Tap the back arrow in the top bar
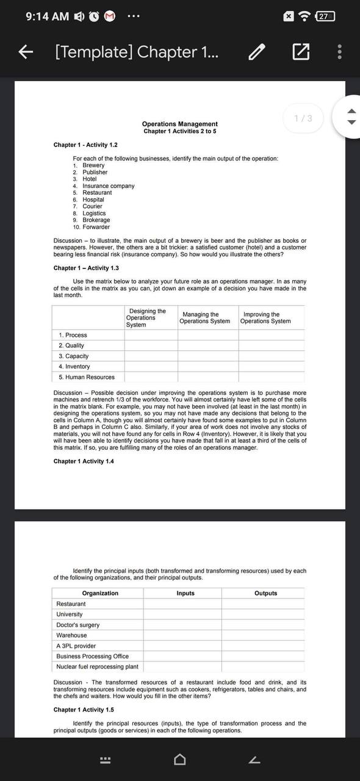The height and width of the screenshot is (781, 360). click(x=25, y=52)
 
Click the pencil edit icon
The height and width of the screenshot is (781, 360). click(x=257, y=52)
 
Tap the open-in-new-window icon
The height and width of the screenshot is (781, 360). click(x=300, y=52)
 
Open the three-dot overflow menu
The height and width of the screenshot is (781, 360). click(x=339, y=52)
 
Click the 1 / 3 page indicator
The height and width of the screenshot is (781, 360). click(x=303, y=118)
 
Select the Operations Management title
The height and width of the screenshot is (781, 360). click(x=179, y=124)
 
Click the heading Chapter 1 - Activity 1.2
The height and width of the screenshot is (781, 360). click(x=85, y=145)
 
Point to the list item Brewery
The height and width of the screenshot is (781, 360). click(x=93, y=165)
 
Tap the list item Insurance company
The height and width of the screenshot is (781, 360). click(x=108, y=185)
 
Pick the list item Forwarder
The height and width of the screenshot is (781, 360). click(x=96, y=227)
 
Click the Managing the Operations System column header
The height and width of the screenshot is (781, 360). click(x=204, y=318)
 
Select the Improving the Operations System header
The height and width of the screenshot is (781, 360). click(x=265, y=318)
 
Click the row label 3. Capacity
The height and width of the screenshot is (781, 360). click(x=74, y=356)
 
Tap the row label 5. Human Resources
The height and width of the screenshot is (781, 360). click(x=86, y=377)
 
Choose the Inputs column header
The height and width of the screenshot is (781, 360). click(x=185, y=593)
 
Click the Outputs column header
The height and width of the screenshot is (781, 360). click(x=265, y=593)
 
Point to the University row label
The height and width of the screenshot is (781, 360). click(x=70, y=614)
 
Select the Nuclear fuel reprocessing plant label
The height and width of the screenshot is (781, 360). click(x=97, y=667)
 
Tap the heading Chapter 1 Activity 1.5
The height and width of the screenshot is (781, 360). click(x=84, y=710)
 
